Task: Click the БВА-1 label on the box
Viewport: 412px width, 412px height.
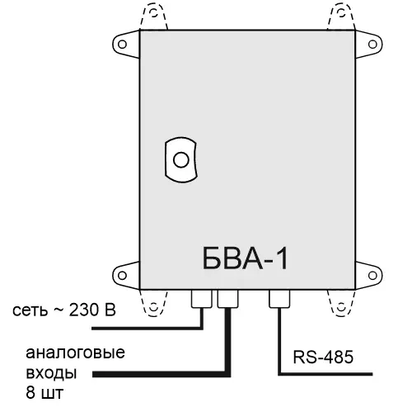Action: click(x=246, y=258)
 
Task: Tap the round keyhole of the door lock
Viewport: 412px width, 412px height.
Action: click(x=181, y=160)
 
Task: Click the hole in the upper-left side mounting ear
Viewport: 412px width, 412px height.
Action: click(x=122, y=45)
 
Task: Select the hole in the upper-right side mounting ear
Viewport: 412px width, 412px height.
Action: click(x=372, y=45)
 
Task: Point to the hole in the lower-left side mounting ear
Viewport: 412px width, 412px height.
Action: click(x=122, y=275)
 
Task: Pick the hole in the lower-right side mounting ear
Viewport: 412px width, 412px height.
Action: click(x=372, y=275)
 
